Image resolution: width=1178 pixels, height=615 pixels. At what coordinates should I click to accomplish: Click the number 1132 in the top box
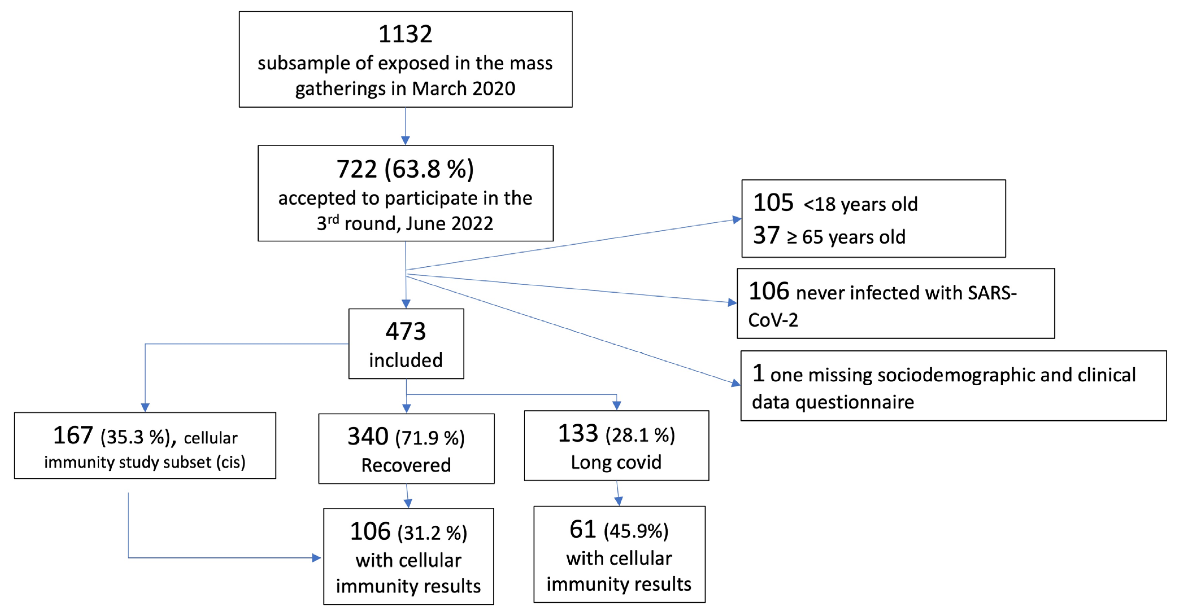coord(405,34)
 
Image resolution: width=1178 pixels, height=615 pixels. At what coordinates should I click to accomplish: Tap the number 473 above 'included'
coord(406,331)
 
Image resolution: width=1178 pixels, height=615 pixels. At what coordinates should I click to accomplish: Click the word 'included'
coord(406,360)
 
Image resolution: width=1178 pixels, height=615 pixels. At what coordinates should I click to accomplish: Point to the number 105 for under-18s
coord(773,203)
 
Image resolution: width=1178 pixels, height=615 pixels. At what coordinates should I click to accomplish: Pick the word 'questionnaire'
coord(855,403)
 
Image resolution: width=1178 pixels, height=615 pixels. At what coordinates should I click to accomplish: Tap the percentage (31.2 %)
coord(432,533)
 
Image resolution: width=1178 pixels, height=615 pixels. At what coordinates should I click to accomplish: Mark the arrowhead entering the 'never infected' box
coord(732,303)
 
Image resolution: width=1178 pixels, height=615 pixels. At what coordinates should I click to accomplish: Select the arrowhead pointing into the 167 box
coord(145,407)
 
